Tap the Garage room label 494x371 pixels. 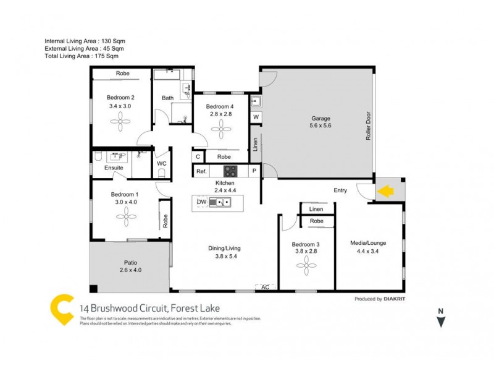pos(320,118)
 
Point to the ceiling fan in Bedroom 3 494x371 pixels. pos(306,267)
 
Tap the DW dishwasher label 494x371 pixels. pos(201,202)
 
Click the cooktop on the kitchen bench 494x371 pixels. pos(230,171)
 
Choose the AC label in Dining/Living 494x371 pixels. pos(266,287)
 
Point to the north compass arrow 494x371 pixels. pos(440,320)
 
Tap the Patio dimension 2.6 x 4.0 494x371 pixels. pos(130,270)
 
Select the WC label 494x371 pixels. pos(162,164)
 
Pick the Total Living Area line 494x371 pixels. pos(82,56)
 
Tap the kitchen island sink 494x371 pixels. pos(220,202)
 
